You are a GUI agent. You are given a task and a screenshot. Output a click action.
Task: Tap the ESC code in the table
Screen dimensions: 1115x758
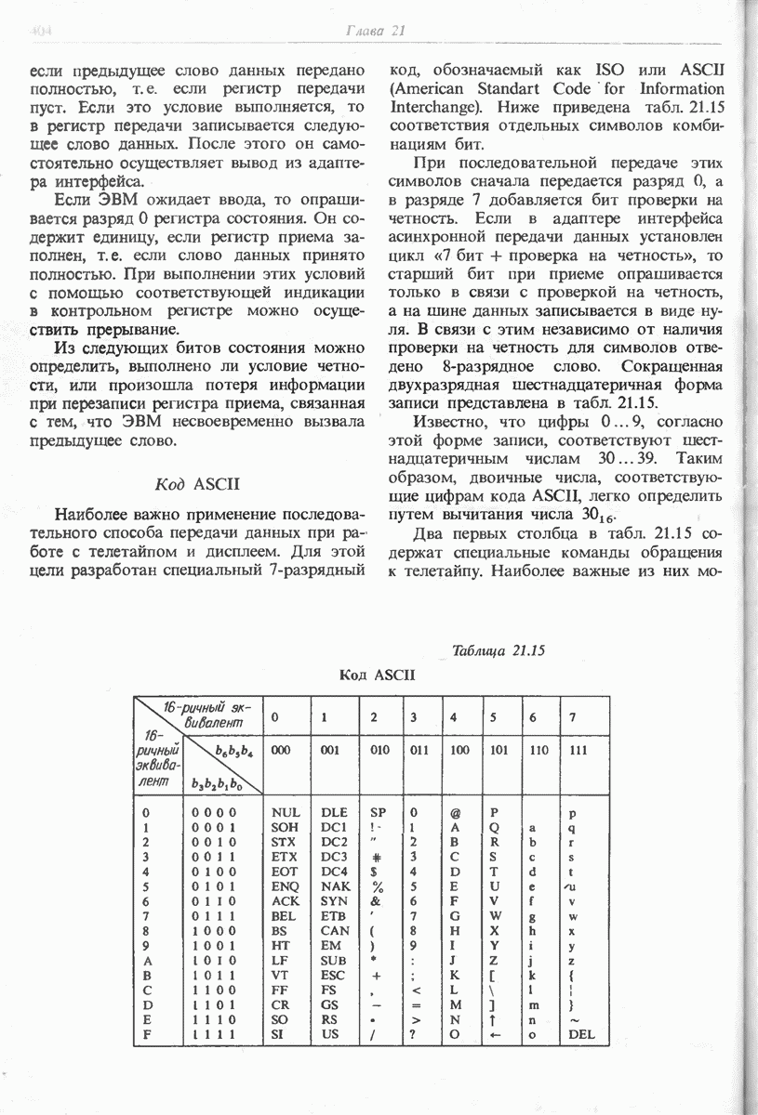click(332, 975)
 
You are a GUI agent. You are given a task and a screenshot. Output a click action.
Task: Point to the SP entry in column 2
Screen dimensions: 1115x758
click(377, 812)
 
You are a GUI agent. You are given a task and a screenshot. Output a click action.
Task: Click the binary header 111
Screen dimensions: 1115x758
click(578, 750)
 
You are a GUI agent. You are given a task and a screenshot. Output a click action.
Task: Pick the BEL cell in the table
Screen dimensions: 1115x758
click(283, 915)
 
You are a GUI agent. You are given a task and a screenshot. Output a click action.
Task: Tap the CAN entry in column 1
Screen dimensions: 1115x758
click(334, 930)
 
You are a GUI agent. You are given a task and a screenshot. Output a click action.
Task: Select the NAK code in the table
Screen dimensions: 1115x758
click(334, 885)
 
